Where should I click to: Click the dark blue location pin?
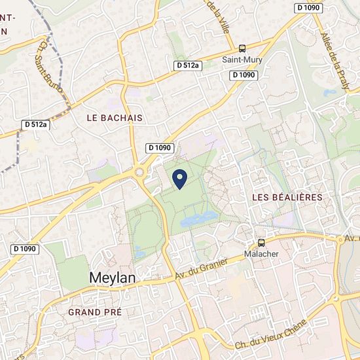click(180, 177)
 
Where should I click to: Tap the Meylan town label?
click(112, 278)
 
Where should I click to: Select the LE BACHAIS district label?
click(115, 117)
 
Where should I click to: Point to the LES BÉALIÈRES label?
click(287, 197)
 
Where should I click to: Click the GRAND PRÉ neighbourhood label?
click(95, 312)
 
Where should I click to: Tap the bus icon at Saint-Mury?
click(242, 48)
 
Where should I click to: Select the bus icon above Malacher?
click(261, 242)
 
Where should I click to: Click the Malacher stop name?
click(261, 253)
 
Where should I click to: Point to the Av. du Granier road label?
click(201, 270)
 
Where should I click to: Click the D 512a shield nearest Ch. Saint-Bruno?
click(35, 124)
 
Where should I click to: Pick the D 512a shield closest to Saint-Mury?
click(188, 65)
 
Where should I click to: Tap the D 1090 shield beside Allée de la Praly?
click(308, 7)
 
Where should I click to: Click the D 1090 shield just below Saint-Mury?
click(243, 75)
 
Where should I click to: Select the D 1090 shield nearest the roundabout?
click(160, 148)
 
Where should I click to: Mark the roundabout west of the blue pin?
click(139, 173)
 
